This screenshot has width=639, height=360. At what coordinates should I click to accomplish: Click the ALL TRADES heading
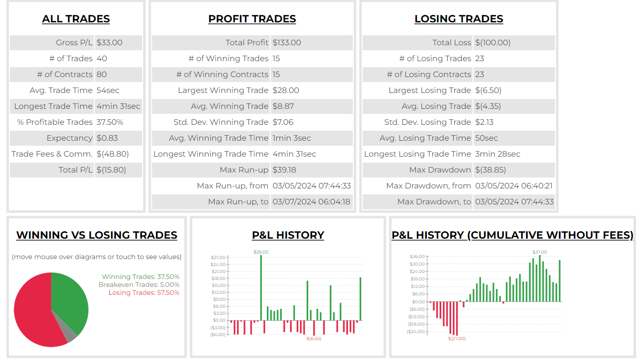tap(76, 19)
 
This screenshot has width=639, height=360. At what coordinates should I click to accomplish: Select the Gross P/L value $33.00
tap(109, 43)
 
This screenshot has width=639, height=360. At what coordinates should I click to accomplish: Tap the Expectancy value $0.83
tap(107, 138)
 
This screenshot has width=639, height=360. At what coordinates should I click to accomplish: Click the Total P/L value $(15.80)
tap(111, 170)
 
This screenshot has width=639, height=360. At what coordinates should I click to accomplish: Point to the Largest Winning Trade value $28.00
tap(286, 90)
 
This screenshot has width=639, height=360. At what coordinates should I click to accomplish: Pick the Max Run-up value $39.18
tap(284, 170)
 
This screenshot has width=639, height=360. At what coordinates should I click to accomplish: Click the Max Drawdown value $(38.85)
tap(490, 170)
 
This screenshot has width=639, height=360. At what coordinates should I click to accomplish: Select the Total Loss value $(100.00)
tap(492, 43)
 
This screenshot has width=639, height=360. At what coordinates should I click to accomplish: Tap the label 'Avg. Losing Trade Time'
tap(425, 138)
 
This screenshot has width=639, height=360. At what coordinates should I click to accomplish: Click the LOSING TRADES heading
tap(459, 19)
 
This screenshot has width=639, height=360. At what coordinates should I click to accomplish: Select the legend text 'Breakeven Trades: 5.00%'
tap(139, 284)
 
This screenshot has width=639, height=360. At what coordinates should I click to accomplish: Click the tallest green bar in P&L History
tap(261, 288)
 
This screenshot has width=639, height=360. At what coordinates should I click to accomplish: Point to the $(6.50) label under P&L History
tap(314, 339)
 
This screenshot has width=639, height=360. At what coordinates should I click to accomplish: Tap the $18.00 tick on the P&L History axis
tap(218, 278)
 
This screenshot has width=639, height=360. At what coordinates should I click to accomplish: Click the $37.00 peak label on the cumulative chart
tap(540, 252)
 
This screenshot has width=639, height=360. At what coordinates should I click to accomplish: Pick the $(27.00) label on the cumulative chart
tap(457, 339)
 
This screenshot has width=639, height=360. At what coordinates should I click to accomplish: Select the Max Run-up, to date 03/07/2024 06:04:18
tap(311, 202)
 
